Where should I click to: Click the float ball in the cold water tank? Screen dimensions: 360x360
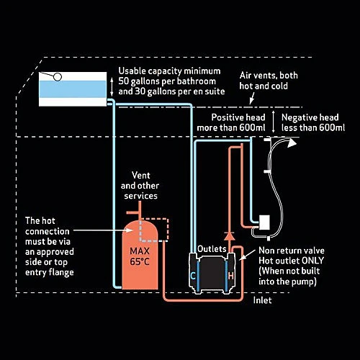click(58, 77)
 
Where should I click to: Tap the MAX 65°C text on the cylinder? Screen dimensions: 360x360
click(140, 256)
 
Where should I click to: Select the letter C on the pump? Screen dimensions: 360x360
click(193, 276)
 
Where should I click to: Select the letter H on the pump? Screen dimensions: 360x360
click(231, 276)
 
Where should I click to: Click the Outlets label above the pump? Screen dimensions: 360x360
click(212, 249)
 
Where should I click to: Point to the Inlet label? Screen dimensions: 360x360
click(262, 300)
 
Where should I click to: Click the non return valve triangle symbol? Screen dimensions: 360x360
click(230, 236)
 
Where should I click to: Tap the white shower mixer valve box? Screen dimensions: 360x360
click(264, 222)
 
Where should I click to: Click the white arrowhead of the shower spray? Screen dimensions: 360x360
click(292, 143)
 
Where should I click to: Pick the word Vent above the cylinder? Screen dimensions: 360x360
click(141, 175)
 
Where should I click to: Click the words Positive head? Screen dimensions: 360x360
click(238, 117)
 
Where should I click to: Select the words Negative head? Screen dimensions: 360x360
click(310, 117)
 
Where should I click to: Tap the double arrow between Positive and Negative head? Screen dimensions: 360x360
click(273, 122)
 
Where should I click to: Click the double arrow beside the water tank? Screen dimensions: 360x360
click(112, 87)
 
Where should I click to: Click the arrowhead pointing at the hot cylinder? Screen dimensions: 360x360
click(130, 230)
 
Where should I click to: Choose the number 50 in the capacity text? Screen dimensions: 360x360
click(124, 81)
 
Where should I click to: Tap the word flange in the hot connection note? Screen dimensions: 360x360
click(61, 273)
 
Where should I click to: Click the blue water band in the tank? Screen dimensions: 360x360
click(73, 89)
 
